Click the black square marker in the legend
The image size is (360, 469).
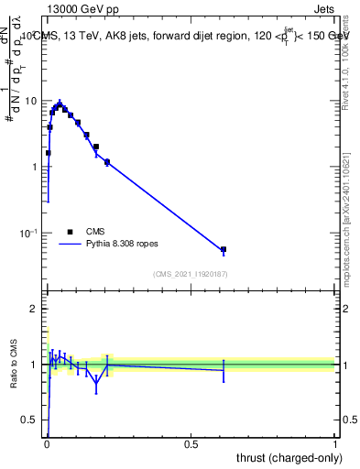(x=70, y=232)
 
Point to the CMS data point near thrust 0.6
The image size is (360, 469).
(x=224, y=249)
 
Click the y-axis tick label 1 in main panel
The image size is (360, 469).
(x=36, y=167)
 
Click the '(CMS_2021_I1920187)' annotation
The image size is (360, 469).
(x=191, y=273)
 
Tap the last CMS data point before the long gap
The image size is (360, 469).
(x=107, y=162)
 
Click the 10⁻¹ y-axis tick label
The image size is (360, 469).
(x=29, y=234)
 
